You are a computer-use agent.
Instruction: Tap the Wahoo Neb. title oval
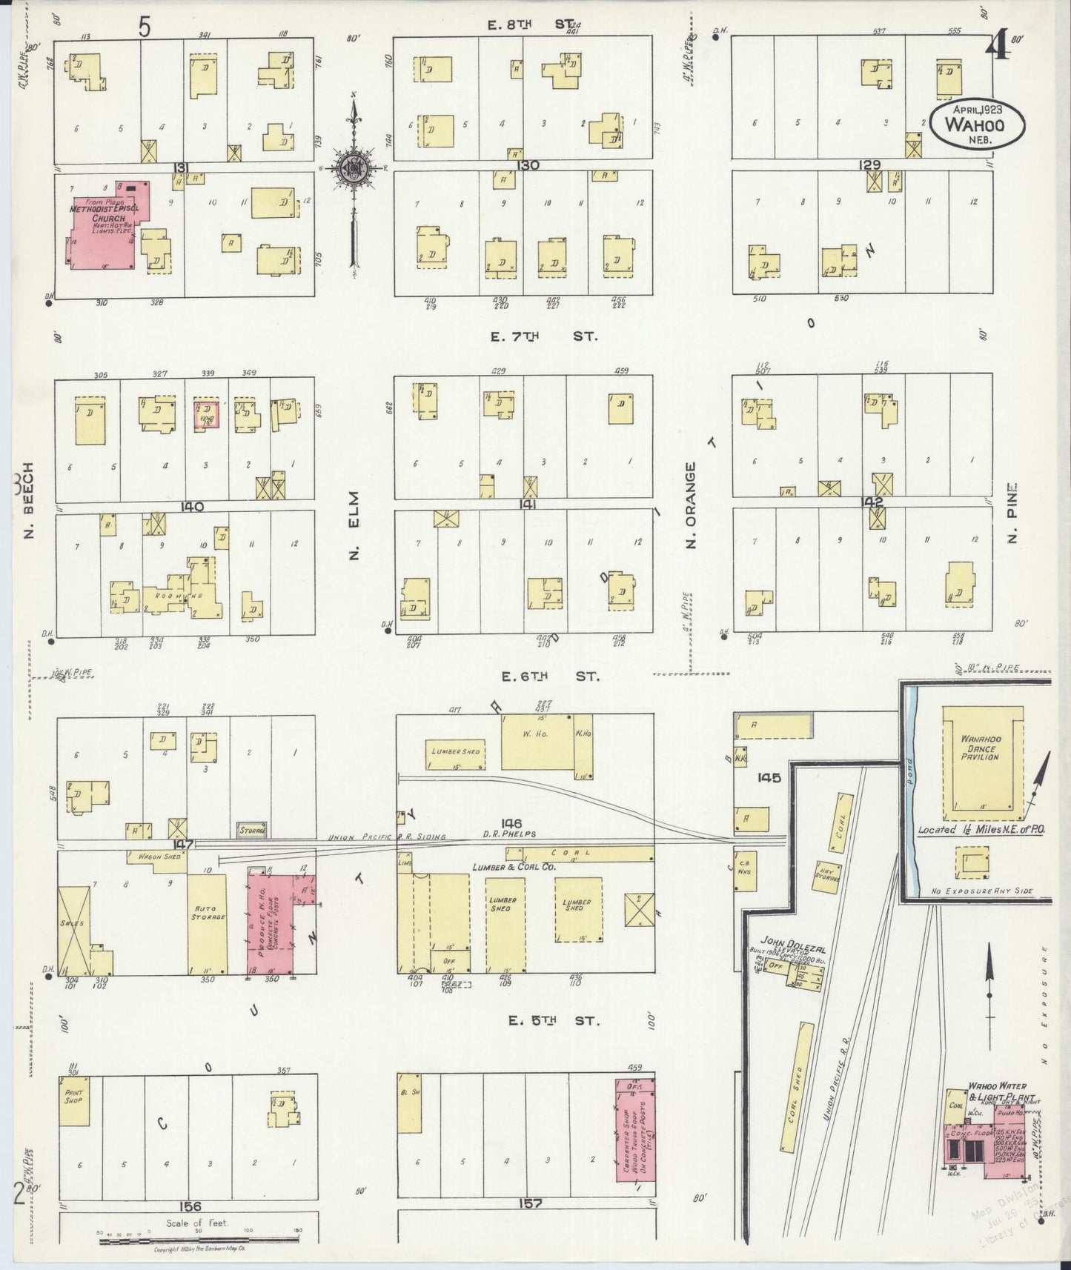click(978, 124)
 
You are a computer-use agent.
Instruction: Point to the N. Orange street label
click(692, 506)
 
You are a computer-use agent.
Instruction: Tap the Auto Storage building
click(206, 923)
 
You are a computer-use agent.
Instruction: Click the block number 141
click(528, 504)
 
